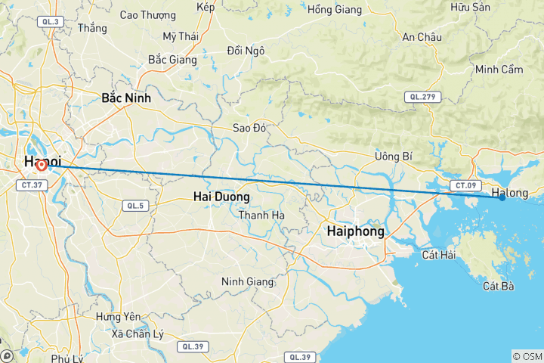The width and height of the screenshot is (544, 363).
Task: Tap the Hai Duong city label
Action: click(221, 197)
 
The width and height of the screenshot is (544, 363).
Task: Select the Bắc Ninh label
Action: click(126, 98)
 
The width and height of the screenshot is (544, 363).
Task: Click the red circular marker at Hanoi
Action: click(41, 164)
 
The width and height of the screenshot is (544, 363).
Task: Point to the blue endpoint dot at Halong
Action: click(502, 197)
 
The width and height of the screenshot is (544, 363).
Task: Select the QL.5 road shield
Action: click(134, 205)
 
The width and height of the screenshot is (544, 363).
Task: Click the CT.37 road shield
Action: click(31, 185)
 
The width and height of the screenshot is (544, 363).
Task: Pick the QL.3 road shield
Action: click(51, 22)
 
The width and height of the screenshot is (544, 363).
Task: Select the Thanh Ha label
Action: click(261, 215)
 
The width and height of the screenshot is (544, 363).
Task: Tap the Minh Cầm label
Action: click(499, 70)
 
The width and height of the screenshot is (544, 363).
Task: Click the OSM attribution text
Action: click(527, 356)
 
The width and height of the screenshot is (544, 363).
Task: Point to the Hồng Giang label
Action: click(335, 9)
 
